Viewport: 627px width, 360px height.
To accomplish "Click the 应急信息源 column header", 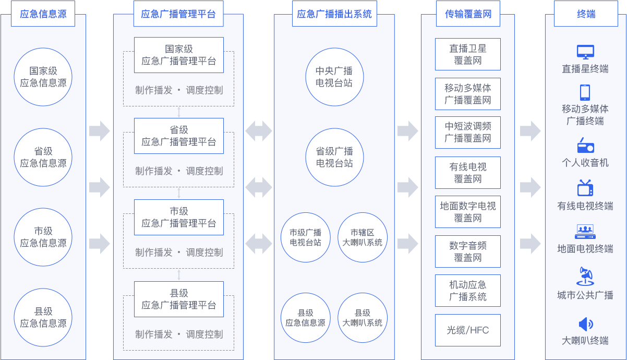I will (43, 14).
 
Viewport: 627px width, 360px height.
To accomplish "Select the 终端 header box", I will (585, 14).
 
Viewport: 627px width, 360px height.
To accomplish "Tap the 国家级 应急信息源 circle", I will (43, 77).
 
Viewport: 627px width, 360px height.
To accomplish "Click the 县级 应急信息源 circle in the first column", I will (43, 318).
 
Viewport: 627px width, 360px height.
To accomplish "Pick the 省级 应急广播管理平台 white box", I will (178, 136).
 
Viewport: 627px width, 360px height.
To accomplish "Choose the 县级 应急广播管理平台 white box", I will (178, 299).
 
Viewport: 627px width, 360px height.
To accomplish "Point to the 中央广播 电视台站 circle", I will (334, 77).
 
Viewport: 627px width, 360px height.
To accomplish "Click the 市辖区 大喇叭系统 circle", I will (362, 237).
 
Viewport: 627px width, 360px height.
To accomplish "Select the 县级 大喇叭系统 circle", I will (362, 318).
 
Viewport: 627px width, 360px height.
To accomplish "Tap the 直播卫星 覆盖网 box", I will (468, 54).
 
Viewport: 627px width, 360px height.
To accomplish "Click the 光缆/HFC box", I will (468, 330).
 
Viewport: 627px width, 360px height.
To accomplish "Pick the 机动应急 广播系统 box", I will (468, 291).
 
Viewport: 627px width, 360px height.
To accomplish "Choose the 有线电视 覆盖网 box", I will (468, 173).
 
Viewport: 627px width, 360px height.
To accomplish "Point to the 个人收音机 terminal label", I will (585, 163).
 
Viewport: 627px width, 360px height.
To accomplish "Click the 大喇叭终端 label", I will (585, 341).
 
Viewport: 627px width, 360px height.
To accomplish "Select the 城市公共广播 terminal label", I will (585, 295).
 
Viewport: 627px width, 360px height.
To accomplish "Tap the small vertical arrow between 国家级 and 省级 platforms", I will (179, 112).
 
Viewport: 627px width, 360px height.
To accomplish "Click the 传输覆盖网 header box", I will (468, 14).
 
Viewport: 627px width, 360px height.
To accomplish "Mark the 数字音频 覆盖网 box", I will (468, 251).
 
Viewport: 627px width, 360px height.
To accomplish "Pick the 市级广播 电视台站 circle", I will (306, 237).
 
